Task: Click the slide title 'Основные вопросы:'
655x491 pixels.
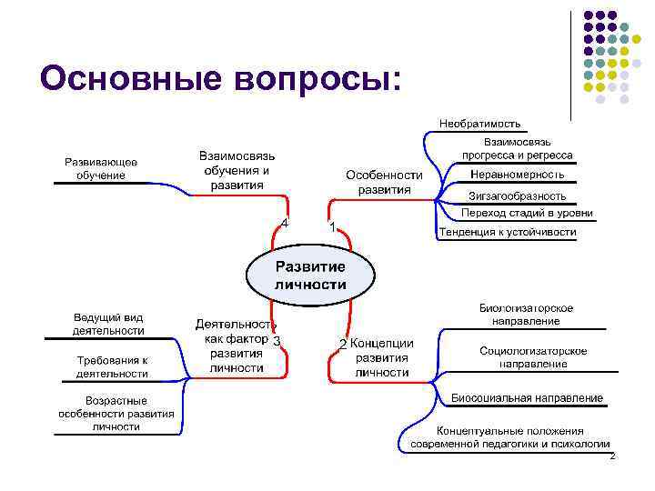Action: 220,79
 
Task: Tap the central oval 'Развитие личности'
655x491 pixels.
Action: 310,275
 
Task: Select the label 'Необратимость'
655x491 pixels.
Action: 479,123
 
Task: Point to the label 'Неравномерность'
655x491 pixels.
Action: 517,174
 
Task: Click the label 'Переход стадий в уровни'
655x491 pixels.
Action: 526,213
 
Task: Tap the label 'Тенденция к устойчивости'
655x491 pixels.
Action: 508,232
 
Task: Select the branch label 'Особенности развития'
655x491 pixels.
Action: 384,182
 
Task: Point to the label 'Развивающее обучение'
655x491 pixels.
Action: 101,168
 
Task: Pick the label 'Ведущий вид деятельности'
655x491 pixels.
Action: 109,325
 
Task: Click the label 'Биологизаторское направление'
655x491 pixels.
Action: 526,315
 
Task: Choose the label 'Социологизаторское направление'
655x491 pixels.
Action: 533,356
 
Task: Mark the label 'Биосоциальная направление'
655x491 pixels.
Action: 527,398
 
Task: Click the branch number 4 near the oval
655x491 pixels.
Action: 285,223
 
